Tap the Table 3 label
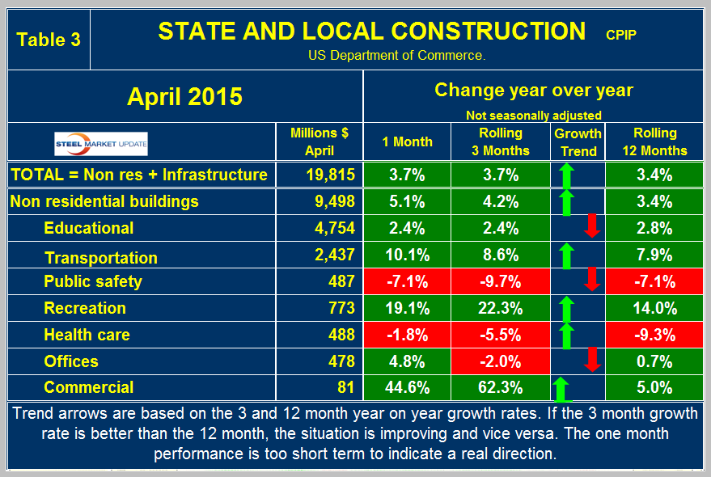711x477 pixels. [x=49, y=40]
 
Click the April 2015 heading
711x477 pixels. [x=184, y=96]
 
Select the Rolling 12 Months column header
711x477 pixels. [x=656, y=141]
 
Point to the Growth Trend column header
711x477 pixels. [x=578, y=142]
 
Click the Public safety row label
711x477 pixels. [x=93, y=281]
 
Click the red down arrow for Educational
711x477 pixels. [x=591, y=227]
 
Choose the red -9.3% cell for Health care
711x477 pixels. [x=656, y=335]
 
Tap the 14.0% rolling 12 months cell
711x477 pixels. [x=656, y=308]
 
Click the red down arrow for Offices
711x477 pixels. [x=591, y=361]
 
